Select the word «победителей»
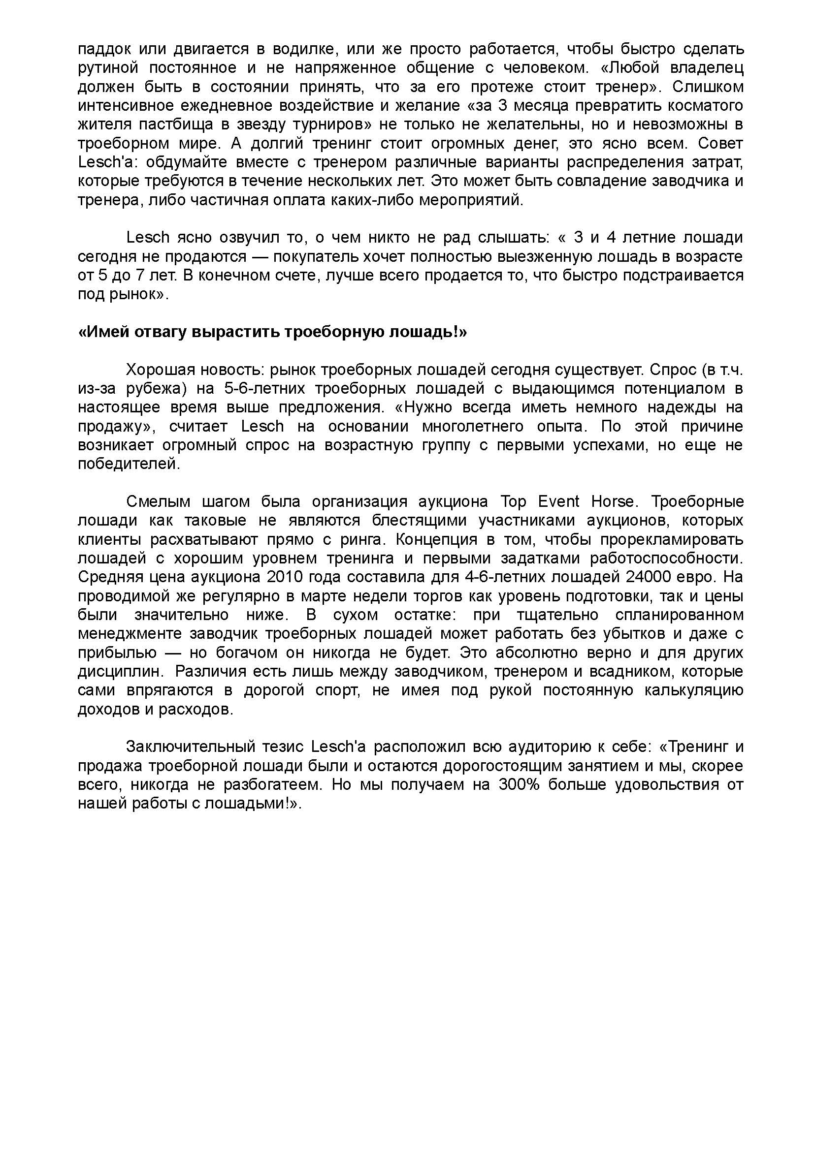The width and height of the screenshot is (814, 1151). (x=129, y=464)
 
